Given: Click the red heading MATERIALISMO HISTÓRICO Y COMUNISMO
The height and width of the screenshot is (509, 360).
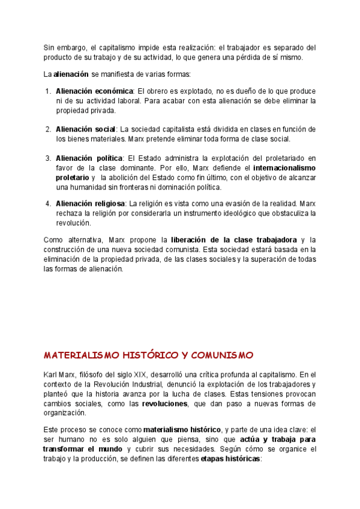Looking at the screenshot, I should [149, 355].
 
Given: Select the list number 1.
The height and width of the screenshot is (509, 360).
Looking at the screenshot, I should [48, 91].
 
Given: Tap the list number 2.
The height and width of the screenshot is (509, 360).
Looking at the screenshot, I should [48, 130].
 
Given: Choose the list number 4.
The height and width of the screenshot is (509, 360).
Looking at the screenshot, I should [48, 203].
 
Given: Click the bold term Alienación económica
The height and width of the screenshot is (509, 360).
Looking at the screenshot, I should [95, 91].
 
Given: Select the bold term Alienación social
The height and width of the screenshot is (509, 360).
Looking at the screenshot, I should [85, 130].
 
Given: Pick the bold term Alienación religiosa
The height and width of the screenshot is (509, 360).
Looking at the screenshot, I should [91, 203].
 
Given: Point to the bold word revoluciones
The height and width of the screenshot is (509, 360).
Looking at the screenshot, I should [164, 404].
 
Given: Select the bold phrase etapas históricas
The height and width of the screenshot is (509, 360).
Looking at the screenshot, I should [230, 459].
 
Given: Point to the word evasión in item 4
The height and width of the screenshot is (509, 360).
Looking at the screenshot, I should [237, 203].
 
